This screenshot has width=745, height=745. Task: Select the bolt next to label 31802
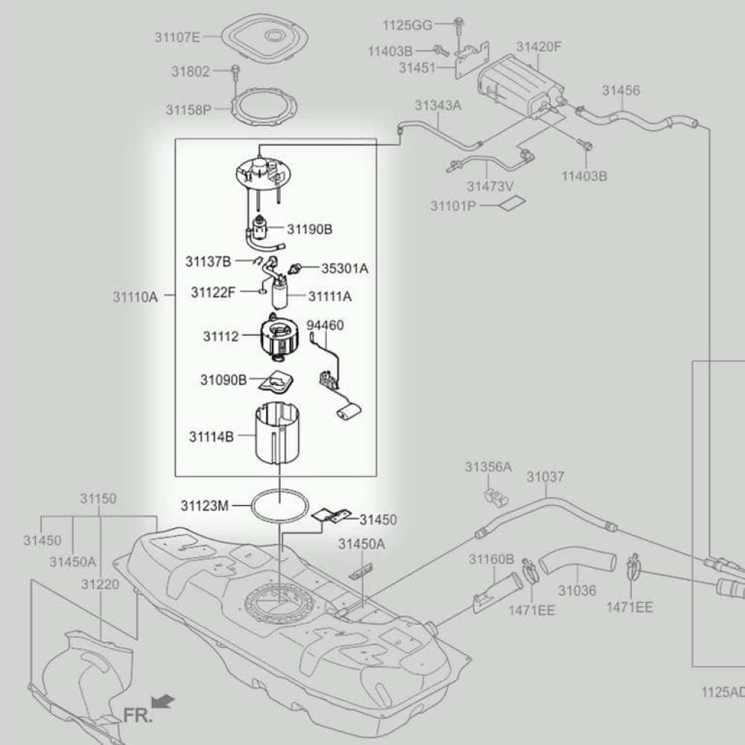pyautogui.click(x=235, y=72)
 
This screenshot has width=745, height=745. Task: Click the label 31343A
pyautogui.click(x=438, y=105)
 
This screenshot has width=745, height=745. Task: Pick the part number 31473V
pyautogui.click(x=490, y=186)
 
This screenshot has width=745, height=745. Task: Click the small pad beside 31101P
pyautogui.click(x=513, y=203)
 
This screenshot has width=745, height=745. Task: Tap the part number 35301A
pyautogui.click(x=344, y=267)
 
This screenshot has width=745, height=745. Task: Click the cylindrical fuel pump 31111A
pyautogui.click(x=280, y=296)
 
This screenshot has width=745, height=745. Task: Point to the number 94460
pyautogui.click(x=326, y=326)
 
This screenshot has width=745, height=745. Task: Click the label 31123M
pyautogui.click(x=204, y=506)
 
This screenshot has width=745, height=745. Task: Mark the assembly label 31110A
pyautogui.click(x=136, y=297)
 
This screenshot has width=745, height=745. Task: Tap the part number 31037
pyautogui.click(x=545, y=477)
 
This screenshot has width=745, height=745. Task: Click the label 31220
pyautogui.click(x=101, y=585)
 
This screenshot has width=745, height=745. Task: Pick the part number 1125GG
pyautogui.click(x=408, y=25)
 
